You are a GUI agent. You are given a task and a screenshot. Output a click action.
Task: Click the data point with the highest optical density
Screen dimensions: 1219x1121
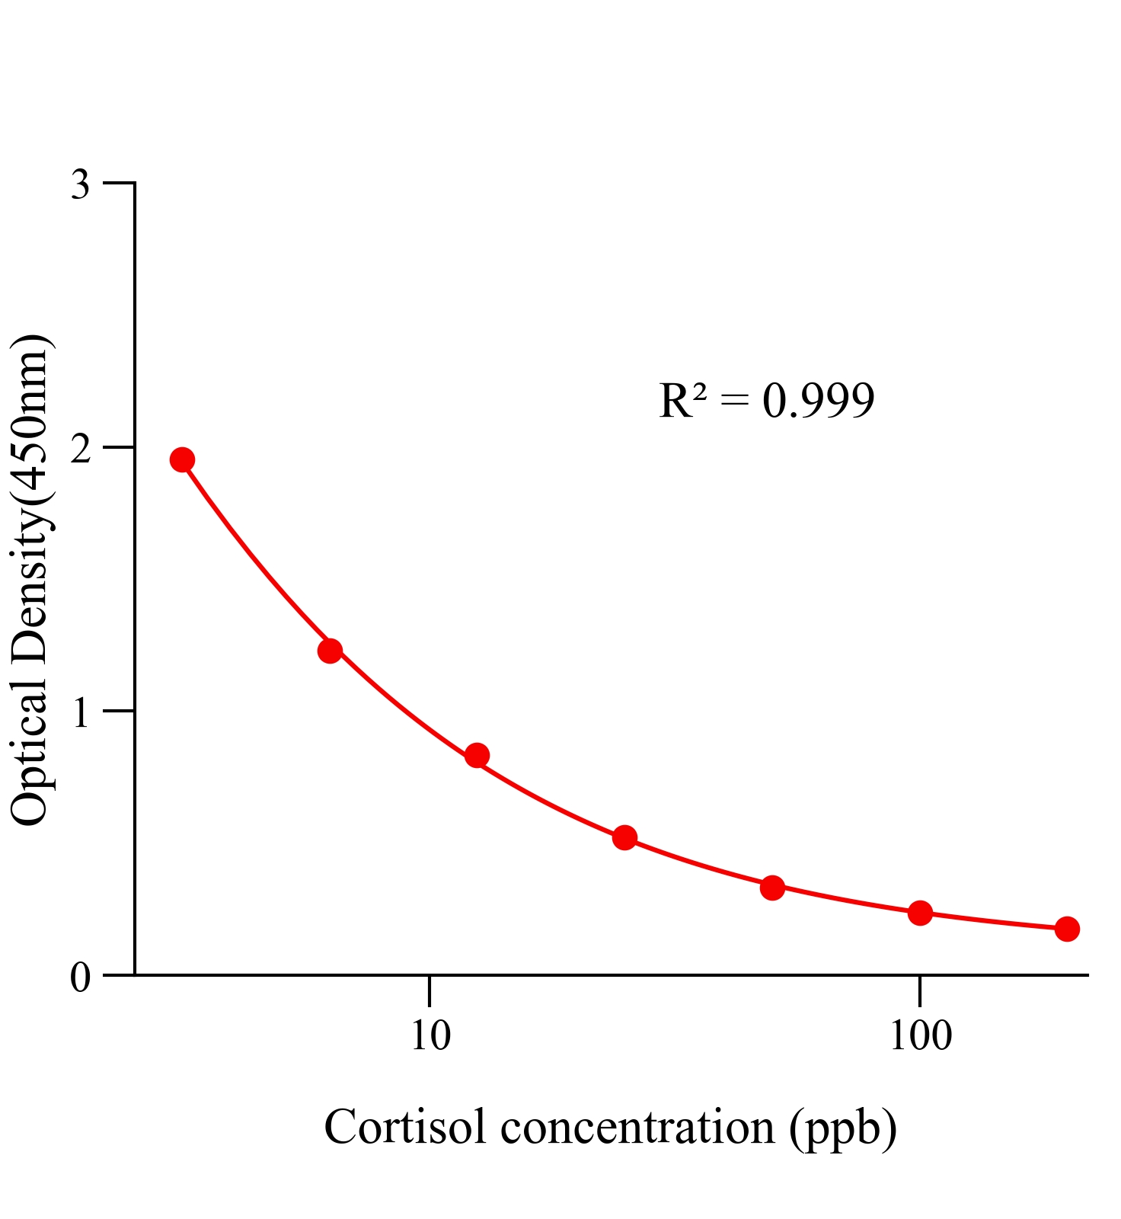pos(182,459)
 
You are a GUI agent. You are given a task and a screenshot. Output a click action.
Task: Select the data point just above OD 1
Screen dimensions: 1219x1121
pos(330,650)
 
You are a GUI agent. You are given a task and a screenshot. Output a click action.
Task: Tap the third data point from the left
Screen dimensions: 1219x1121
pos(477,756)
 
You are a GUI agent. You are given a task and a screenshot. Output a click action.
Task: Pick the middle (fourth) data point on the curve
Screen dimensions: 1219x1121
pos(624,838)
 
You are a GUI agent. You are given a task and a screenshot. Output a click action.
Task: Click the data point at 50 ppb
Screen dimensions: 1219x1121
pos(772,888)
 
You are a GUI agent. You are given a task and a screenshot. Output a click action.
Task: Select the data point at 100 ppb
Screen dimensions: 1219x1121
pos(920,913)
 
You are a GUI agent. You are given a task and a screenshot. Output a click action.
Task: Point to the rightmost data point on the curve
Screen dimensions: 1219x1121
pos(1067,929)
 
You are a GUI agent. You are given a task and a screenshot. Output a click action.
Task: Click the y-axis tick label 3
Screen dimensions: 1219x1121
pos(81,185)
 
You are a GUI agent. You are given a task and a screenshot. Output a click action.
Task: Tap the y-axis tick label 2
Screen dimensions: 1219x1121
pos(81,450)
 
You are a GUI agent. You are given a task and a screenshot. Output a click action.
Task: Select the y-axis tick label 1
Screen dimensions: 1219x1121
pos(81,714)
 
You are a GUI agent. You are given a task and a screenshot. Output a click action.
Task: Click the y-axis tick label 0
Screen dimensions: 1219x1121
pos(81,977)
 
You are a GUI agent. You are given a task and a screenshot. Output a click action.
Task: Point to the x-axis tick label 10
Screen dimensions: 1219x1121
pos(430,1036)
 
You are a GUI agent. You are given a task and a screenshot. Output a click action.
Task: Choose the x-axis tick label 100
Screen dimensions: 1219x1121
pos(920,1036)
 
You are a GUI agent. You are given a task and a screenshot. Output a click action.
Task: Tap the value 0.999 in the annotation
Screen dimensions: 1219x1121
pos(818,401)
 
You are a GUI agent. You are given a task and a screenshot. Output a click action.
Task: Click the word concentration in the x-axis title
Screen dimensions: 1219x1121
pos(637,1128)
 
